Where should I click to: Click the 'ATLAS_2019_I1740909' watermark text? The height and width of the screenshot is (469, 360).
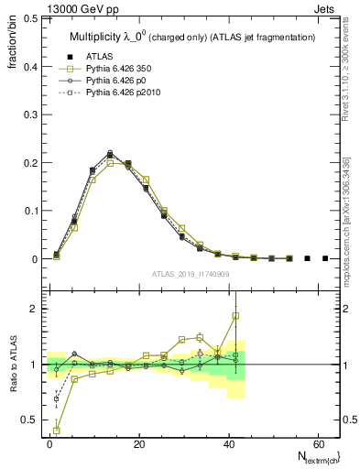pos(191,274)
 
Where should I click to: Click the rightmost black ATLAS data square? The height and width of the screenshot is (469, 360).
pos(325,258)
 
